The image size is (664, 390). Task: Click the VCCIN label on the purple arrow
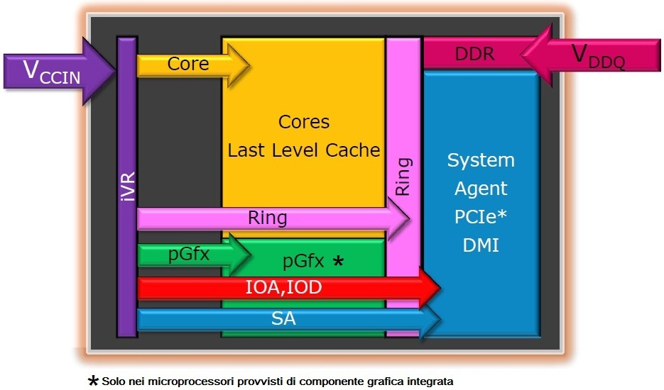(x=52, y=72)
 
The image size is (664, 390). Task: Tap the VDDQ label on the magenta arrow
(x=598, y=56)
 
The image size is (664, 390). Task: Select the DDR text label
(x=474, y=54)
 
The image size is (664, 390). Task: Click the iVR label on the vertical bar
(x=127, y=186)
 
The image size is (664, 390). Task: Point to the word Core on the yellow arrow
(x=188, y=64)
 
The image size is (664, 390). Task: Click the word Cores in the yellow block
(x=304, y=122)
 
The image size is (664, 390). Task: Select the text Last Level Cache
(x=304, y=150)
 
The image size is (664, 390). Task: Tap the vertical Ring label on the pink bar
(x=403, y=177)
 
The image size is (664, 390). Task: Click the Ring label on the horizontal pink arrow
(x=267, y=218)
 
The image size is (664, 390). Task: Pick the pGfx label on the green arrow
(x=189, y=255)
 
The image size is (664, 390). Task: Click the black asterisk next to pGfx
(x=338, y=261)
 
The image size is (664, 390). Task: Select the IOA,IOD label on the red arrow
(x=284, y=288)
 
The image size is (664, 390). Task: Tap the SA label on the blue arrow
(x=283, y=318)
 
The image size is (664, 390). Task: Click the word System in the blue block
(x=481, y=161)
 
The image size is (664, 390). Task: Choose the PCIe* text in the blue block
(x=481, y=216)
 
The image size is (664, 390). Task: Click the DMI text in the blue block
(x=481, y=245)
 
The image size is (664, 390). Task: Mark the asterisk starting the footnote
(x=93, y=381)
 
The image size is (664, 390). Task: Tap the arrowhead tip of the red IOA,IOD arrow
(x=440, y=288)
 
